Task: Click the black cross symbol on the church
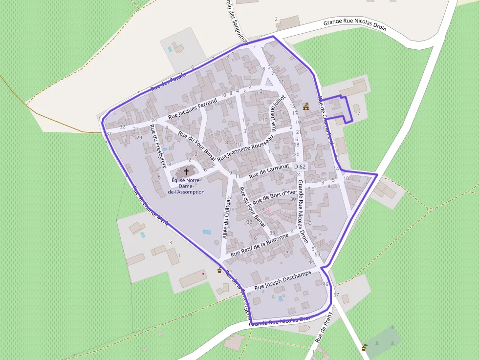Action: (186, 172)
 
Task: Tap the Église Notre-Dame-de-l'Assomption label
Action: (186, 186)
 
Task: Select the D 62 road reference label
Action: (300, 167)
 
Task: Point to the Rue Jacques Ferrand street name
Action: (192, 109)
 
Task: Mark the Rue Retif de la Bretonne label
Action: (260, 245)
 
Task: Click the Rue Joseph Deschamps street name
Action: (283, 280)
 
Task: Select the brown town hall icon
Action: (306, 106)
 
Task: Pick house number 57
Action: (336, 295)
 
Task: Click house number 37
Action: (109, 133)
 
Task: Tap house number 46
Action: (326, 284)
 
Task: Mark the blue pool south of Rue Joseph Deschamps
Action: (280, 298)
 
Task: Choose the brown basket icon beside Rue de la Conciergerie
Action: (219, 270)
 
